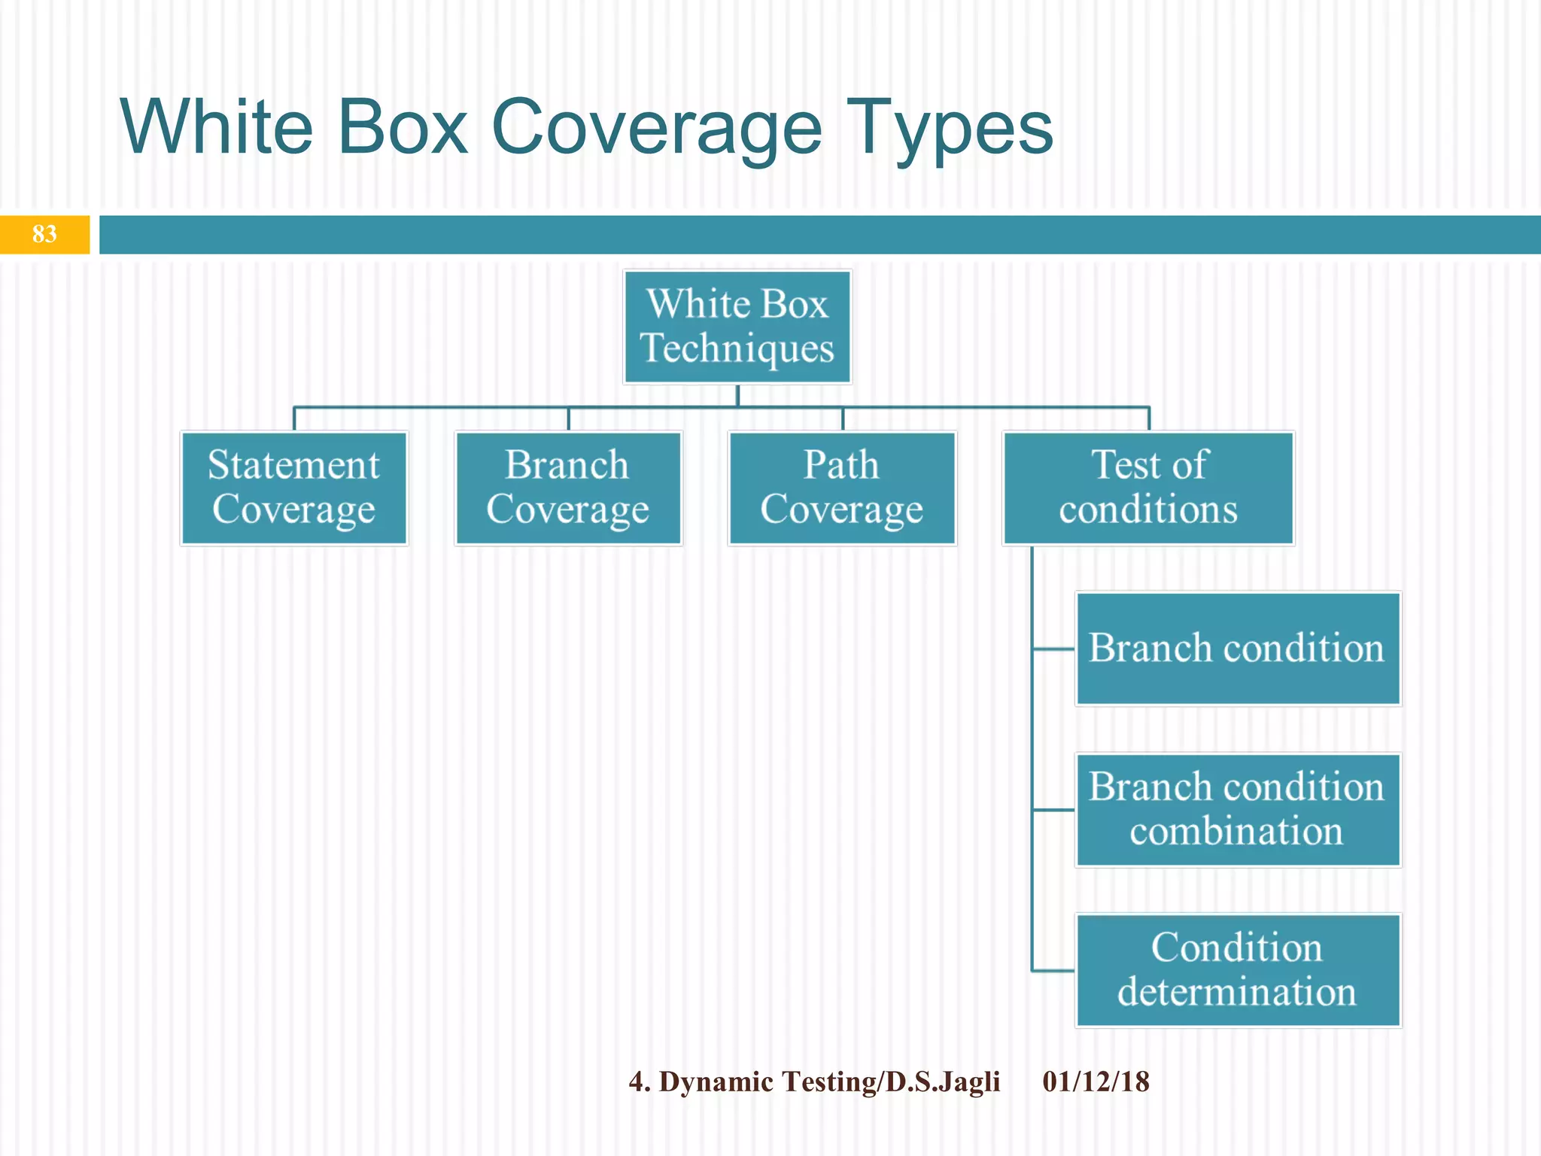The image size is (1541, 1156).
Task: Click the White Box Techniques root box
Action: point(737,327)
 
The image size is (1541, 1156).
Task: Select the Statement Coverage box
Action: point(293,488)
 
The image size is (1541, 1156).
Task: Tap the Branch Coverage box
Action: point(568,488)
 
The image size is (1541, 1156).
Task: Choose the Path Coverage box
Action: point(842,488)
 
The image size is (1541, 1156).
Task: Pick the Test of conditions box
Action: point(1148,488)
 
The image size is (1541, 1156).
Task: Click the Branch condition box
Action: point(1238,649)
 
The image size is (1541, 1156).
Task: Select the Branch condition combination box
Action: point(1238,810)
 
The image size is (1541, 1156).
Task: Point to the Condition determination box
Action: point(1238,971)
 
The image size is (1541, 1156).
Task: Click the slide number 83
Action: point(44,234)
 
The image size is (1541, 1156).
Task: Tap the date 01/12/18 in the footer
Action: point(1096,1081)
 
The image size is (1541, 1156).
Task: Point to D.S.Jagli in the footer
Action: point(943,1081)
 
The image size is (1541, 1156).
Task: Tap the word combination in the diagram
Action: point(1236,832)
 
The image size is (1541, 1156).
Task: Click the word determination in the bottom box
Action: point(1236,992)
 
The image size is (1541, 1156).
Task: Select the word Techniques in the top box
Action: point(737,348)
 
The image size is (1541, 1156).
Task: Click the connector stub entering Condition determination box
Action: point(1053,971)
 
